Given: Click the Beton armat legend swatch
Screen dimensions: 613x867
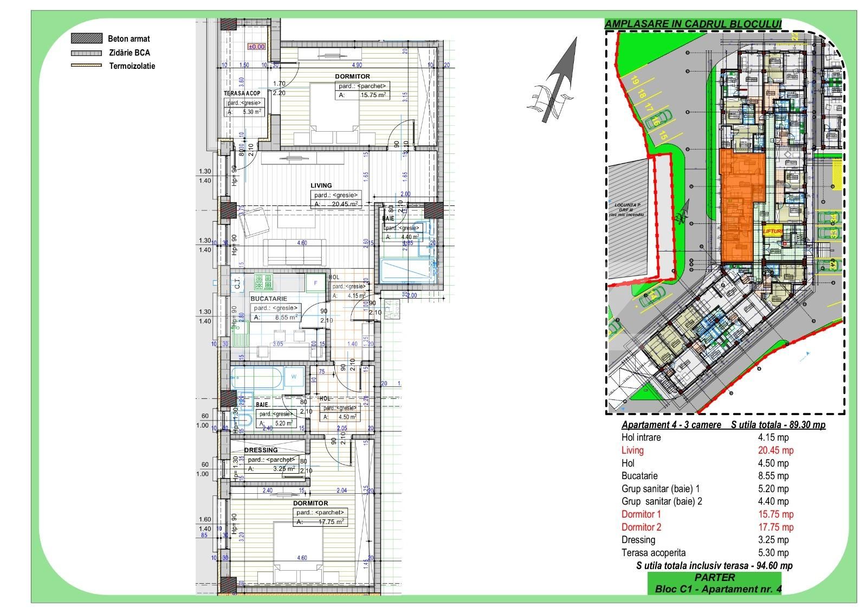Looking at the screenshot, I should coord(86,38).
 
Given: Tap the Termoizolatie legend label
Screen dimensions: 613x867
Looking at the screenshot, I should coord(132,66).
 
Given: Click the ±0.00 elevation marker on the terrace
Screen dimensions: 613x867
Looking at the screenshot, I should coord(256,47).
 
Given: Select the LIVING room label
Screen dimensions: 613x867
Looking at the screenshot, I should coord(321,185).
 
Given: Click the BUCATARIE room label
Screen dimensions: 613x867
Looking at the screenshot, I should coord(269,299).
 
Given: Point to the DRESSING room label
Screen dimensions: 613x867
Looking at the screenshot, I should coord(261,450).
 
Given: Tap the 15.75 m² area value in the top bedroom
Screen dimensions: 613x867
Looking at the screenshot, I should coord(373,95).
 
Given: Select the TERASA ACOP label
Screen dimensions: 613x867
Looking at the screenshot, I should coord(242,93).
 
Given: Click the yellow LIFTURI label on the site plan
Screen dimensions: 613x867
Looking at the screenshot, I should coord(773,231).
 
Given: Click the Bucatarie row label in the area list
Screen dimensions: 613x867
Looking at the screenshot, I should coord(639,476).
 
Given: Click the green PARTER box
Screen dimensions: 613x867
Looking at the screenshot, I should coord(714,578).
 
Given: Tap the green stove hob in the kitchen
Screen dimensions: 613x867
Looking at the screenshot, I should coord(263,282).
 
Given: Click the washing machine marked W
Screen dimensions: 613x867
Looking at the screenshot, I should coord(294,376).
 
